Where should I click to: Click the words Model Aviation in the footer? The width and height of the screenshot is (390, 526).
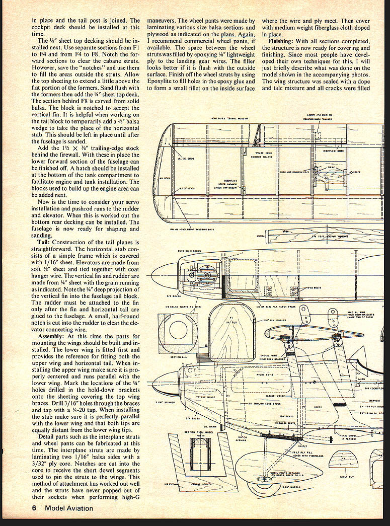click(68, 508)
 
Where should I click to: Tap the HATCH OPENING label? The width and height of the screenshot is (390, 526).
click(243, 439)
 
